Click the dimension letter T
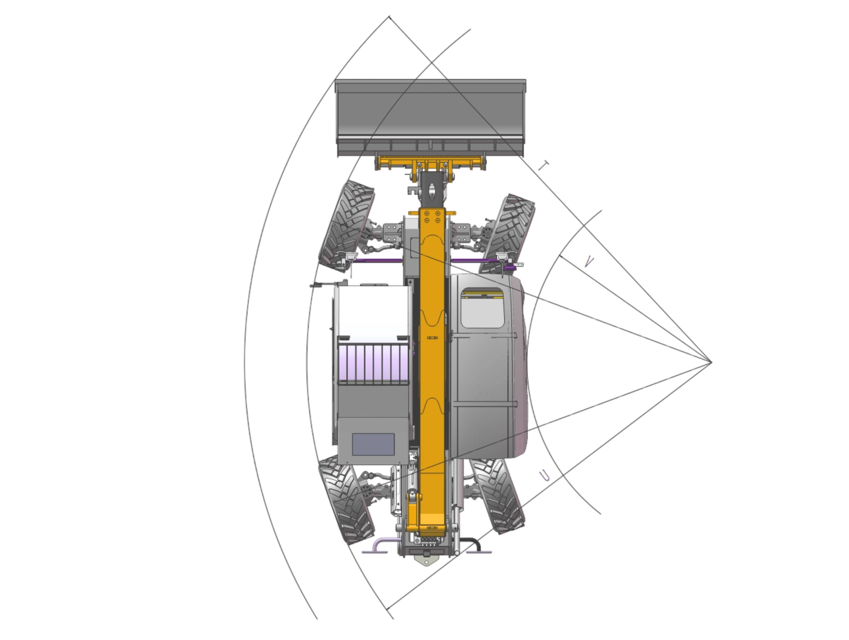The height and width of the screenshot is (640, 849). pos(543,166)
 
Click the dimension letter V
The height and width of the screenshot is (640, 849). pos(589,262)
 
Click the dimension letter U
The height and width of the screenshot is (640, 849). pos(544,476)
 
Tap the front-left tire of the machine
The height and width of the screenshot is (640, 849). pos(347,226)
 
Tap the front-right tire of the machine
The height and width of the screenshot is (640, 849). pos(507,235)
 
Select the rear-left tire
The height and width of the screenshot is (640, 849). pos(347,500)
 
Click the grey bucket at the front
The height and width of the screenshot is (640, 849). pos(430,118)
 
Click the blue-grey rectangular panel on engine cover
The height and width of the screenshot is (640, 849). pos(373,444)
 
